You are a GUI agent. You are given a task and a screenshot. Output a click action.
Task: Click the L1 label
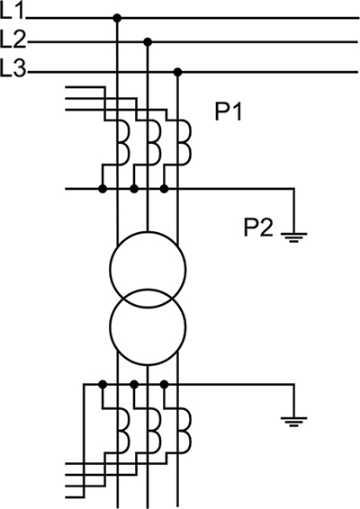(x=13, y=12)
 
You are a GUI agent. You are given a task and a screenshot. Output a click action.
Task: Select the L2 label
(x=13, y=40)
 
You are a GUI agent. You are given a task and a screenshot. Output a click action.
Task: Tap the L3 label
(x=13, y=67)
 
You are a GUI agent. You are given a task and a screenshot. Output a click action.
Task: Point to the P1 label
(x=229, y=112)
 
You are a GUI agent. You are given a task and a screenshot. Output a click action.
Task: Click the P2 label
(x=258, y=228)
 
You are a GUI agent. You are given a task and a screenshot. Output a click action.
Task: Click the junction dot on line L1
(x=117, y=18)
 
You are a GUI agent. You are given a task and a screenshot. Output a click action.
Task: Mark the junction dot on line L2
(x=148, y=42)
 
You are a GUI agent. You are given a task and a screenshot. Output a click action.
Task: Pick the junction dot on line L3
(x=177, y=72)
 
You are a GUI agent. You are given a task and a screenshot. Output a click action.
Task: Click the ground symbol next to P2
(x=293, y=238)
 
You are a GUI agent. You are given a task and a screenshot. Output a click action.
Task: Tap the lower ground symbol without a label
(x=293, y=422)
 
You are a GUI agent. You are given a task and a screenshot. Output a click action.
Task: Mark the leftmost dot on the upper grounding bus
(x=103, y=189)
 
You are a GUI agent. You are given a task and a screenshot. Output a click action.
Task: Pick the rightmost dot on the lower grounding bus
(x=165, y=385)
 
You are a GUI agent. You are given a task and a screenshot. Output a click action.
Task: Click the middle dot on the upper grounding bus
(x=134, y=189)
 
